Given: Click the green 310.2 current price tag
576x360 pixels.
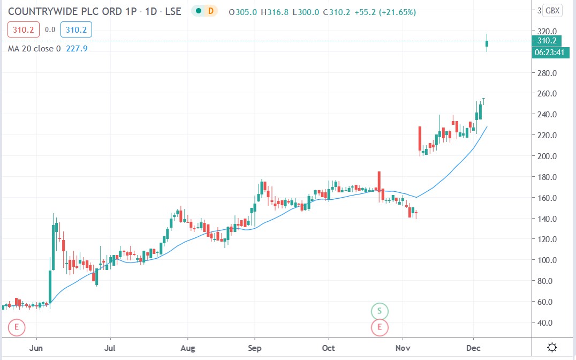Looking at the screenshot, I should (x=545, y=41).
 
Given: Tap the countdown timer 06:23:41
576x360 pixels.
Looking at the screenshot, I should (x=548, y=52).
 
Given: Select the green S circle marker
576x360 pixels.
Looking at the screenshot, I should (x=380, y=311).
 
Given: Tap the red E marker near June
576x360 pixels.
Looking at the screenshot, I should (x=17, y=326).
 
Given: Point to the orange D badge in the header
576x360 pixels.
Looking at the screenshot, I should (x=211, y=11).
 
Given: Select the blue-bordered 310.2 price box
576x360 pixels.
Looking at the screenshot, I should (x=77, y=30).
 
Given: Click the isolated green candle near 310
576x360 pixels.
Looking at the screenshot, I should (x=487, y=43).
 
